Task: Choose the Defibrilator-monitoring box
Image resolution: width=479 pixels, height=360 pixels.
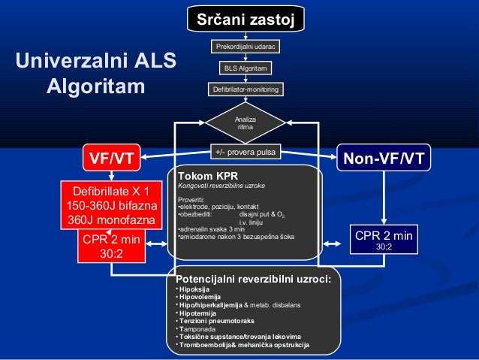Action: point(246,89)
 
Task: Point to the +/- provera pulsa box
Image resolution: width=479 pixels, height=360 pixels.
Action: point(245,153)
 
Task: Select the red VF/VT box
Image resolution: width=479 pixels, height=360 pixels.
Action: point(112,159)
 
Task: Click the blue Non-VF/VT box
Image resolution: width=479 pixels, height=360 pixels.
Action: point(383,159)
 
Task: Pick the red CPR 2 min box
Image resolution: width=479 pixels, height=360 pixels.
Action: point(111,247)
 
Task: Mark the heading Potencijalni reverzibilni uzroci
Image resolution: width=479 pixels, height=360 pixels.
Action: point(253,280)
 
